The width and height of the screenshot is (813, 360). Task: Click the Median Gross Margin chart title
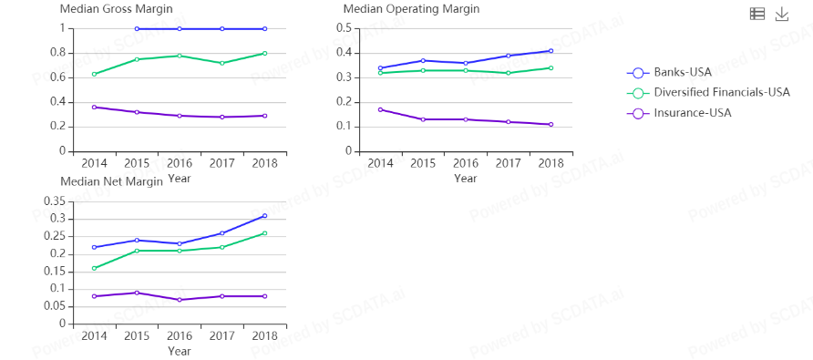click(117, 9)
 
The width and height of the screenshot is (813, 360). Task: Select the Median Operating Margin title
click(411, 9)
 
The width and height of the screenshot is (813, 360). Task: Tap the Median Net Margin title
click(111, 181)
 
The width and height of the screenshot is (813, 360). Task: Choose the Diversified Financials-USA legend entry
click(708, 93)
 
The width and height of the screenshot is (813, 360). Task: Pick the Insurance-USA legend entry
click(679, 113)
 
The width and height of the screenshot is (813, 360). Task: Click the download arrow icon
click(781, 15)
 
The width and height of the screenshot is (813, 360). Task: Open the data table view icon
click(757, 15)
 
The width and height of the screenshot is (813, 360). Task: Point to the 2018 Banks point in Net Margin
click(264, 216)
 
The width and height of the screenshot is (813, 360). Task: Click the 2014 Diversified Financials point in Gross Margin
click(95, 74)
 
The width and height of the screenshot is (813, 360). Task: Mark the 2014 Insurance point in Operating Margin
click(381, 110)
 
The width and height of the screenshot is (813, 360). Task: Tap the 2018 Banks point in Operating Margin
click(551, 51)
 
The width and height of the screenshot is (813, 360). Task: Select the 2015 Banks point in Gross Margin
click(137, 29)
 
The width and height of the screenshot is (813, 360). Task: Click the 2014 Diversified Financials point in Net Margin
click(95, 268)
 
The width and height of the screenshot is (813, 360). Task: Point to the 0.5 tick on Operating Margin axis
click(345, 28)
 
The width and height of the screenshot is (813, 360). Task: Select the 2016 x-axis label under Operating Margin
click(466, 163)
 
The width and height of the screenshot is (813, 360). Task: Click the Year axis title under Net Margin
click(180, 351)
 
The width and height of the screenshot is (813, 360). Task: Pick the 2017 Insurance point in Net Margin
click(221, 296)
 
